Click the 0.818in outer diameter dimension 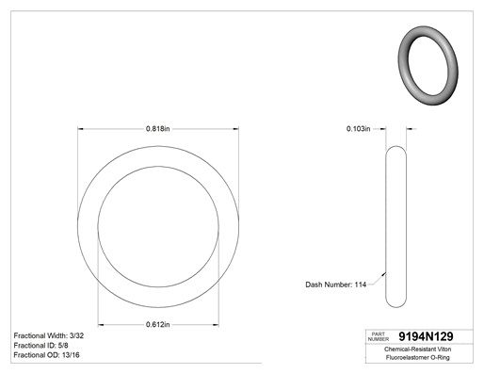click(157, 129)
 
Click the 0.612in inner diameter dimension click(157, 324)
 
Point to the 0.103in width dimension click(358, 129)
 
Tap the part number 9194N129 click(426, 336)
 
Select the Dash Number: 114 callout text click(335, 285)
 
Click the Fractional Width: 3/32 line click(49, 335)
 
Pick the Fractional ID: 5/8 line click(40, 346)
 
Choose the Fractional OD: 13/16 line click(46, 355)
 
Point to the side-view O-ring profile click(386, 226)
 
